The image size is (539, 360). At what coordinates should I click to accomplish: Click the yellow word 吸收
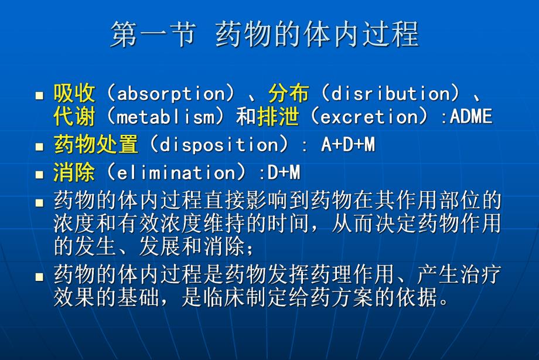click(x=74, y=93)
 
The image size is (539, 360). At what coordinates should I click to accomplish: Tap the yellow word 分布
click(x=289, y=93)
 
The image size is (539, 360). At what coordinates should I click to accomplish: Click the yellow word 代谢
click(x=74, y=116)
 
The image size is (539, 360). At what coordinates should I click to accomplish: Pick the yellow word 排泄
click(x=278, y=116)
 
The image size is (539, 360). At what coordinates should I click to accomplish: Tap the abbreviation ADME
click(x=472, y=116)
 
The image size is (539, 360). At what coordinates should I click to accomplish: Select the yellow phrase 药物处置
click(x=95, y=144)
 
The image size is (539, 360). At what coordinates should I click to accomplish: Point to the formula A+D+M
click(x=347, y=145)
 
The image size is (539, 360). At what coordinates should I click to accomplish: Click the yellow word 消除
click(x=74, y=172)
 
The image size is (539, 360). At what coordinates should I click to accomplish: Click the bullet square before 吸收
click(x=40, y=95)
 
